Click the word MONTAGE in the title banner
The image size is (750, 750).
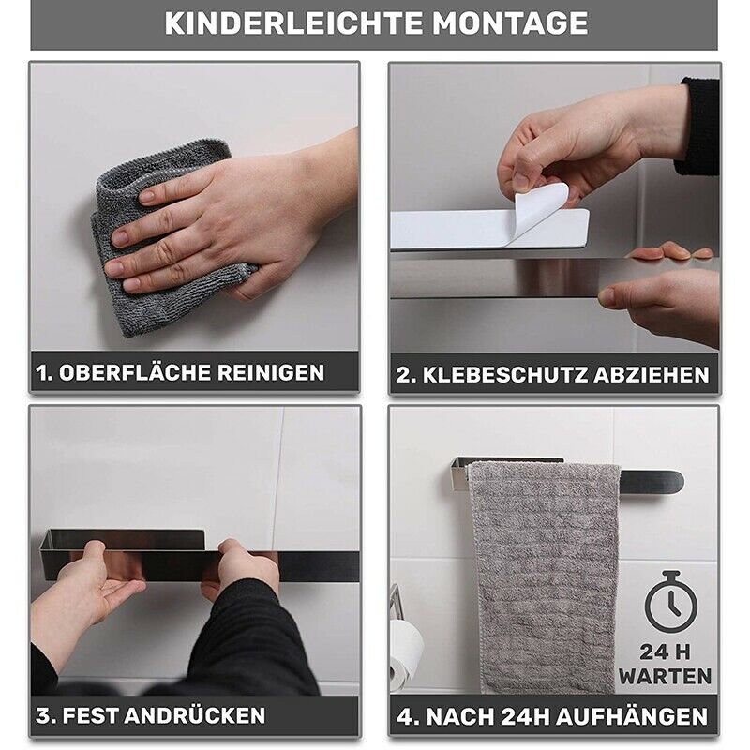point(510,23)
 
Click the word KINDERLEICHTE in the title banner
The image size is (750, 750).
point(293,23)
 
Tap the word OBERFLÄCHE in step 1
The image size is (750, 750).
point(135,372)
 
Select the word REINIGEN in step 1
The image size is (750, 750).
point(271,372)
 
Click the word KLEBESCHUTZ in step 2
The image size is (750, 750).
point(504,375)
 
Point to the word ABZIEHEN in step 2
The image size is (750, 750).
point(652,375)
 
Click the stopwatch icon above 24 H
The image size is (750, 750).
point(670,602)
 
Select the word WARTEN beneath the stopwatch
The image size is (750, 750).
point(666,677)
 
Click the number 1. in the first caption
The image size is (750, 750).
point(44,372)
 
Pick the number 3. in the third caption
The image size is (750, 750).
point(46,715)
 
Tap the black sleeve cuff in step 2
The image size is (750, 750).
point(698,127)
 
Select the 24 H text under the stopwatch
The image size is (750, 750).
point(665,652)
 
